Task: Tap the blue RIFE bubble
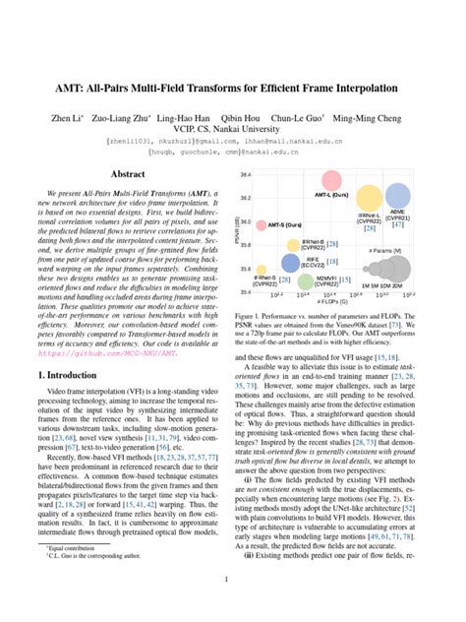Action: [x=290, y=263]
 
